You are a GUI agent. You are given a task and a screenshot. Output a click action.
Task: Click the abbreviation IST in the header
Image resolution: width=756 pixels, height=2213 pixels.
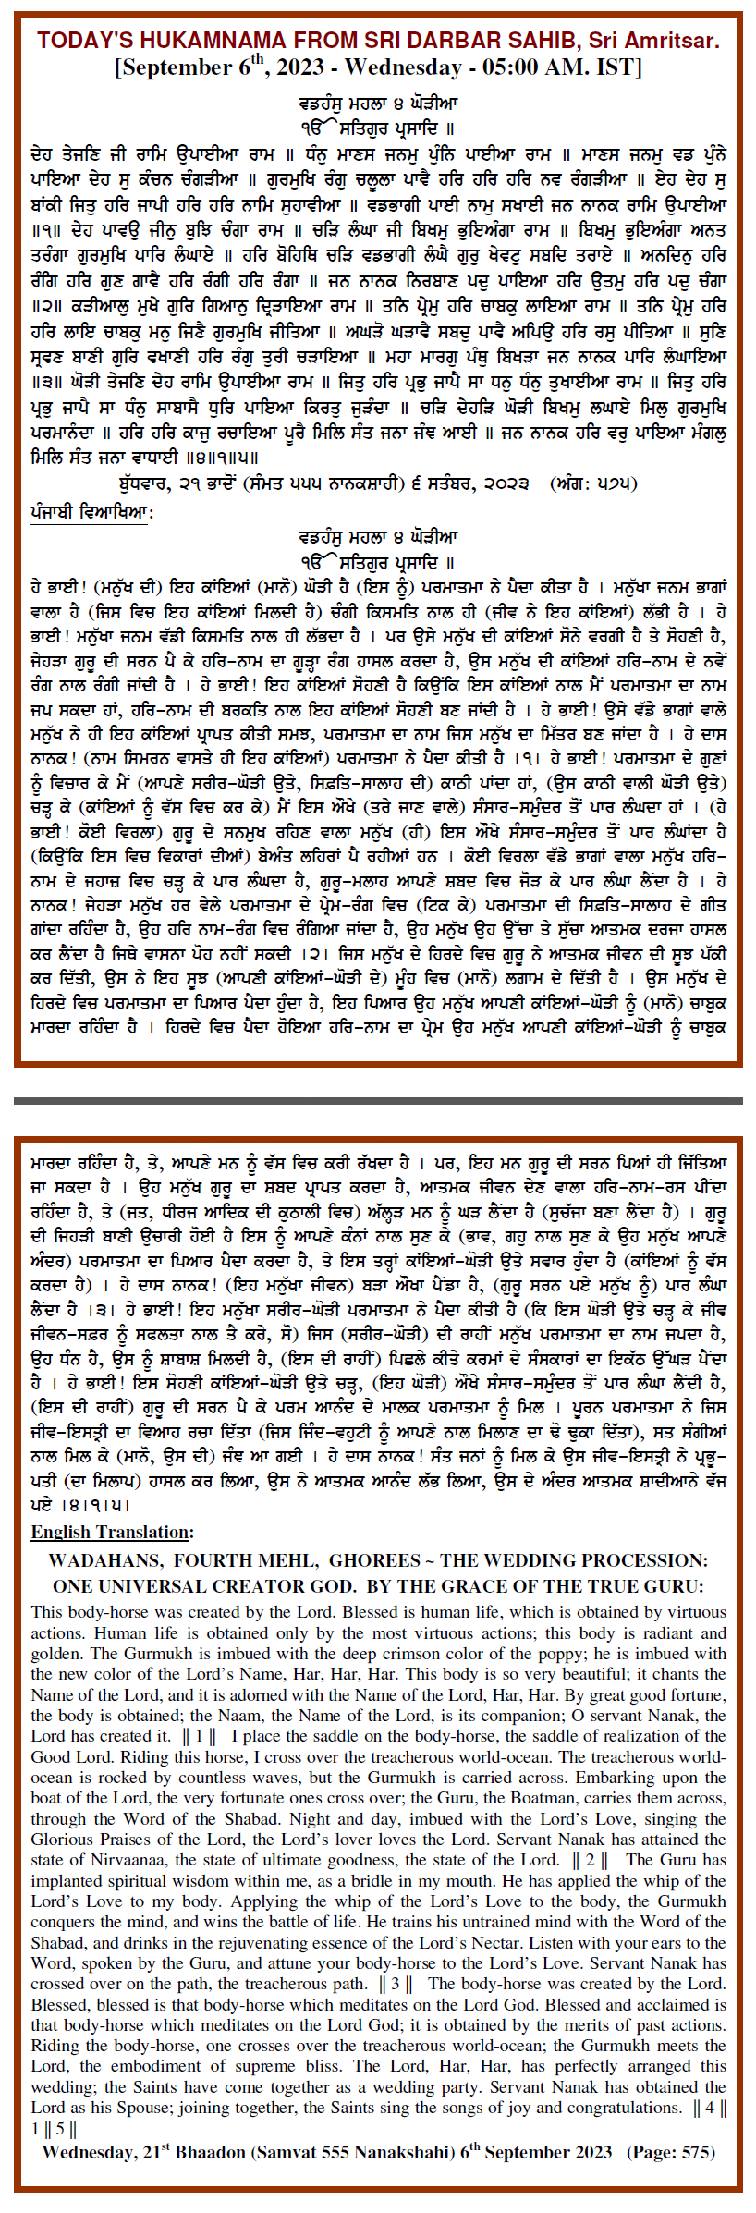(x=615, y=67)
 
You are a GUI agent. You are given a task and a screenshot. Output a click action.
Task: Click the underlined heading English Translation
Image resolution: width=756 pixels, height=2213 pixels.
(x=112, y=1532)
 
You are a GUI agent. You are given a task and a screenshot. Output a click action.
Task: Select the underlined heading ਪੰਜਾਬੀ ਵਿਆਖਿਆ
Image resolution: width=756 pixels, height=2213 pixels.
(x=91, y=511)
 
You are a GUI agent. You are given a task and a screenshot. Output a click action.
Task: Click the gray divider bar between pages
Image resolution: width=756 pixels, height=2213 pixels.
(x=378, y=1101)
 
